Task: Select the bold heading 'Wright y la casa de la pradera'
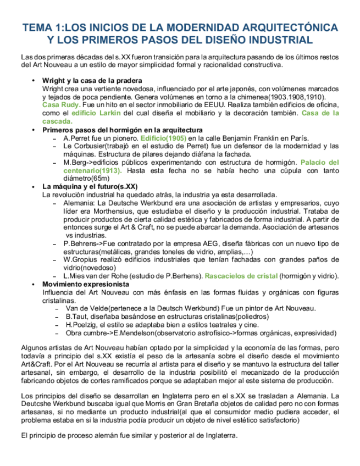88,80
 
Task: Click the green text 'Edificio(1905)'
163,138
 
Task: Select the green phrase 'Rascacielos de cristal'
241,276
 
